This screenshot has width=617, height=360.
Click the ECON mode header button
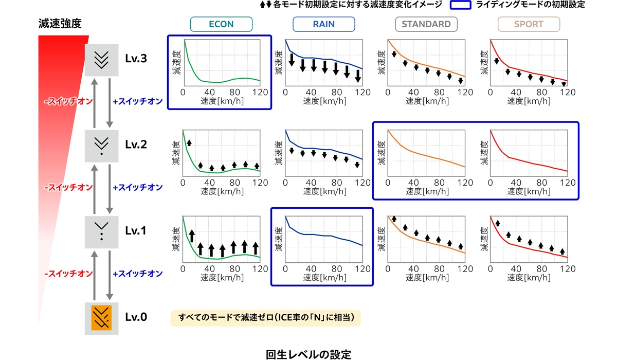coord(221,24)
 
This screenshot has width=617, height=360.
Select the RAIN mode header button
coord(323,24)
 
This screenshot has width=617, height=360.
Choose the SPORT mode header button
coord(529,24)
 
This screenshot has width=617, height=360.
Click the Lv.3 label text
coord(136,59)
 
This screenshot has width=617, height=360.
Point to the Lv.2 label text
coord(136,145)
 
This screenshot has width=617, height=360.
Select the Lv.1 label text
coord(136,231)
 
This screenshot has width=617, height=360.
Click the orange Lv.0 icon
coord(102,317)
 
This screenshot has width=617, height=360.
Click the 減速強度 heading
coord(60,24)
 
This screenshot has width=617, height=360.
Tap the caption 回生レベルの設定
coord(308,354)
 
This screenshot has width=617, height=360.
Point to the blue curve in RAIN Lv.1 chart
coord(329,236)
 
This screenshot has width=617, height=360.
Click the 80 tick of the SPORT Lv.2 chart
coord(541,183)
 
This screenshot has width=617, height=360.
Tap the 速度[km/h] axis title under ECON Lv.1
coord(221,278)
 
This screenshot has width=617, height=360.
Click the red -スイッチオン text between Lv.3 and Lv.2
coord(68,102)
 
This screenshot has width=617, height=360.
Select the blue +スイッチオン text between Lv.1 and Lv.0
coord(137,274)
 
